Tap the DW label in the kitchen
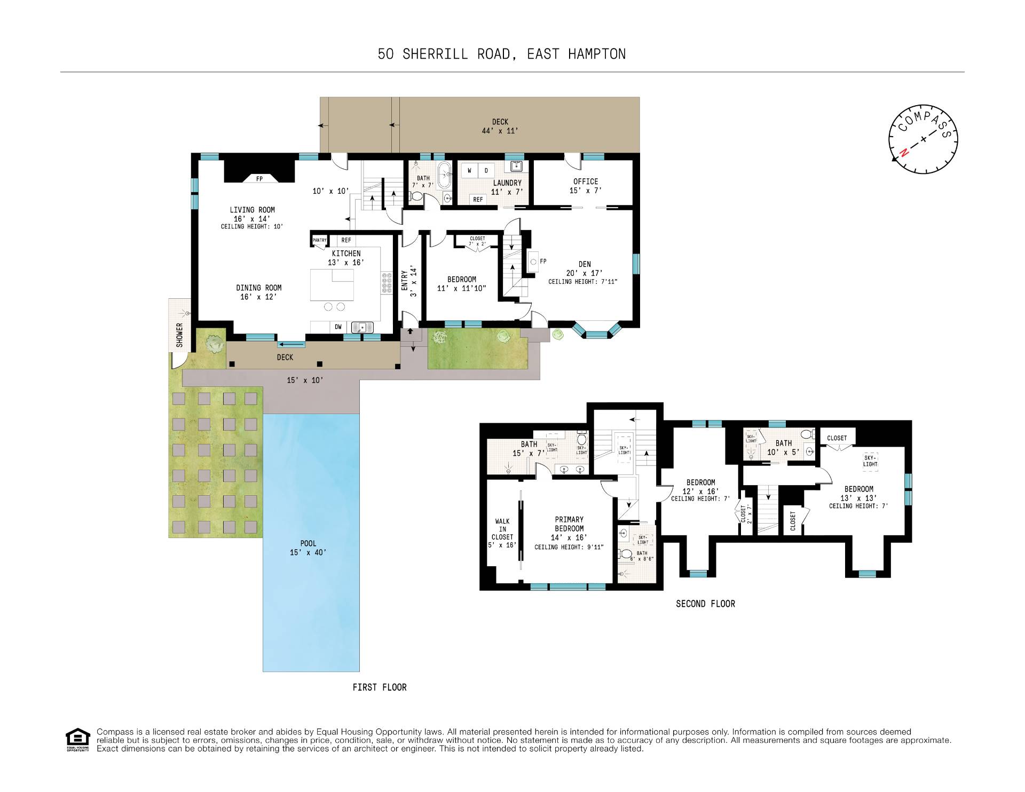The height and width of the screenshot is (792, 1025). tap(338, 327)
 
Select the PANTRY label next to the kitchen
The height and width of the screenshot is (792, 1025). tap(319, 241)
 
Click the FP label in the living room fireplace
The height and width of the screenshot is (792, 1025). tap(259, 179)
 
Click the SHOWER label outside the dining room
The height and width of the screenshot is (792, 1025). tap(180, 335)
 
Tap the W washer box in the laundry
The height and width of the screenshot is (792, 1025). tap(469, 171)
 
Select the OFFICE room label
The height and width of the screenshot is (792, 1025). tap(586, 181)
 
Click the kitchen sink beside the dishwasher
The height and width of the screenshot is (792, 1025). tap(362, 327)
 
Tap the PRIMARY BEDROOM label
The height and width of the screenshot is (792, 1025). tap(569, 524)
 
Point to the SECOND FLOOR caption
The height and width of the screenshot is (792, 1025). tap(705, 604)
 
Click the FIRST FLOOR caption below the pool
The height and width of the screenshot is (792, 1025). tap(380, 687)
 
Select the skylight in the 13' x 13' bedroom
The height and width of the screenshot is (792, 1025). tap(870, 461)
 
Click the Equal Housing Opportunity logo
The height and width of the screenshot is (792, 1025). tap(77, 740)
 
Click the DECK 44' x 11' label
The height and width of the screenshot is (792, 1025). tap(500, 126)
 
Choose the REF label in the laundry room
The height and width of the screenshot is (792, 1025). tap(478, 199)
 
